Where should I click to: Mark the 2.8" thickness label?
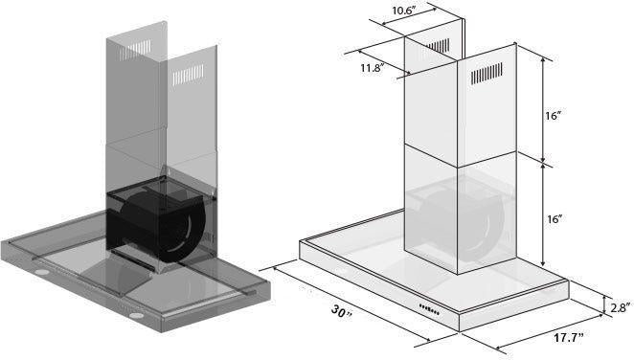(x=617, y=307)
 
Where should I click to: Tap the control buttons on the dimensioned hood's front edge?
(x=428, y=308)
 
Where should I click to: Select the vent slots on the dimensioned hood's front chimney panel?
(x=487, y=74)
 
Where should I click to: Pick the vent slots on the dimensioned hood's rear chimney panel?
(x=439, y=45)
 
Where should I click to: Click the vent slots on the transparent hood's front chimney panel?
(x=186, y=74)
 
